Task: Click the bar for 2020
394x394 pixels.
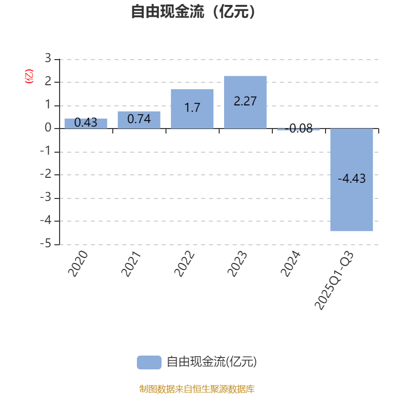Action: click(x=86, y=123)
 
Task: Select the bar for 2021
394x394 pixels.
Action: click(x=139, y=120)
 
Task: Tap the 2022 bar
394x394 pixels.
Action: click(x=192, y=109)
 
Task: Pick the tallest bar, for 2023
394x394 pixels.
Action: click(x=245, y=102)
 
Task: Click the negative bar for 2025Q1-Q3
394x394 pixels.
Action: click(x=352, y=180)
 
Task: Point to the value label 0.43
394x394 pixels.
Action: click(x=86, y=123)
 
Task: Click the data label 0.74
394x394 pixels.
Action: click(x=139, y=119)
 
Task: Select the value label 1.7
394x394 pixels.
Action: click(x=192, y=107)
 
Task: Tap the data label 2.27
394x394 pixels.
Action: click(x=245, y=101)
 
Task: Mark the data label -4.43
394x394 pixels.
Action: click(x=352, y=179)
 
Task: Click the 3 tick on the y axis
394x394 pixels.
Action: click(x=48, y=59)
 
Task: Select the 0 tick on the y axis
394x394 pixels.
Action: click(x=48, y=128)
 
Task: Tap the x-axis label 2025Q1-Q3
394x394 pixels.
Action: click(x=334, y=280)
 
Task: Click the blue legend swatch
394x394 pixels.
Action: click(x=149, y=362)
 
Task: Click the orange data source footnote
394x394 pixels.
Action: click(x=197, y=389)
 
